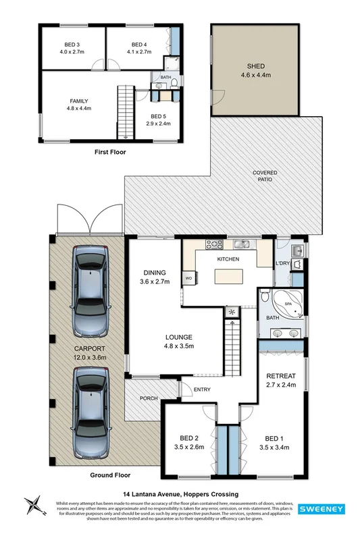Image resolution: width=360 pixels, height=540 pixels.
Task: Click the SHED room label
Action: point(256,66)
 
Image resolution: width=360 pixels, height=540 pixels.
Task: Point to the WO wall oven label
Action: point(188,278)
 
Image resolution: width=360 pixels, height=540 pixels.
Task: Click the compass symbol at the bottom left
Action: point(32,506)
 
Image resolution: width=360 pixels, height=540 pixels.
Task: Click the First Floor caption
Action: point(109,152)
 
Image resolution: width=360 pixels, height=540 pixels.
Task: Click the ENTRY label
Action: point(202,389)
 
